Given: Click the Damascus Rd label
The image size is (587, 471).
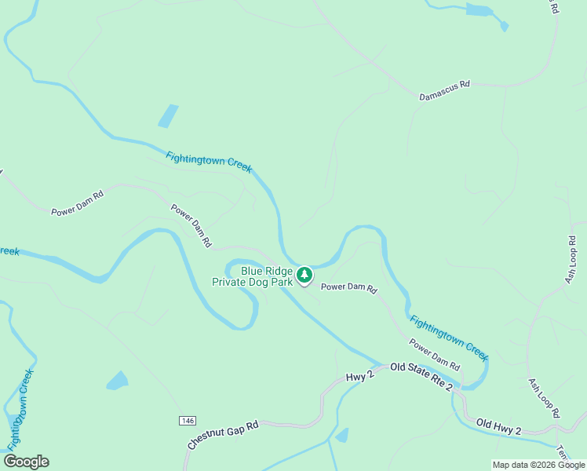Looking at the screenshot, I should pyautogui.click(x=444, y=90).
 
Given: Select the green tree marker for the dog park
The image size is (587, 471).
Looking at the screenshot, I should pyautogui.click(x=304, y=275).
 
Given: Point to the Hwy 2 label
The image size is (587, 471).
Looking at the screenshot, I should pyautogui.click(x=360, y=377).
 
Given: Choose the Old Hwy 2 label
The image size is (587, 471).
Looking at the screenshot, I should pyautogui.click(x=498, y=428).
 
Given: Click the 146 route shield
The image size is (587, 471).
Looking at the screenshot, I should pyautogui.click(x=187, y=421).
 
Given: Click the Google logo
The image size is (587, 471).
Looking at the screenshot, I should pyautogui.click(x=26, y=462).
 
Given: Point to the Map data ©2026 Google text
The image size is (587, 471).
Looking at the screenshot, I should pyautogui.click(x=538, y=465).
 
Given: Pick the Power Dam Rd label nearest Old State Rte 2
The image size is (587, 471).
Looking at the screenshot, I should pyautogui.click(x=434, y=354).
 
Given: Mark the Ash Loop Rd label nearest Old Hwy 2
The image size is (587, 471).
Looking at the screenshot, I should pyautogui.click(x=544, y=398).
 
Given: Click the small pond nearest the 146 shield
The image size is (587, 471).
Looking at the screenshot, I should pyautogui.click(x=117, y=381).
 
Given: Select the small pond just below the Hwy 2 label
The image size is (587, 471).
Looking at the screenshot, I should pyautogui.click(x=341, y=436).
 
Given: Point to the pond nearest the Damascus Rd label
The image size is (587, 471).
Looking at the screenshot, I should pyautogui.click(x=477, y=10).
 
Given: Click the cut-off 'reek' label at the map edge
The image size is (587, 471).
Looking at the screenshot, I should pyautogui.click(x=9, y=251).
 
